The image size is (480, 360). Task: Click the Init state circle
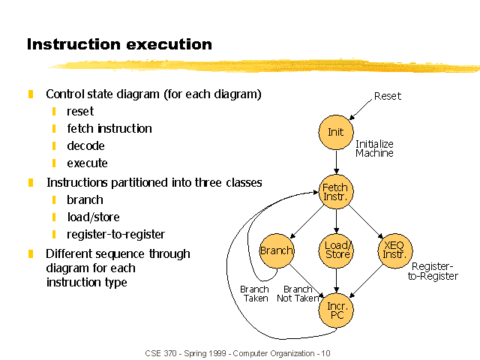point(336,132)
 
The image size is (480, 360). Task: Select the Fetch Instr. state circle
point(336,192)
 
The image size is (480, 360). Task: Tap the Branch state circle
point(277,251)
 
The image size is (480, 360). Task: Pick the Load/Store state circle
point(336,251)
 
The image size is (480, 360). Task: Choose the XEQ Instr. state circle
point(395,251)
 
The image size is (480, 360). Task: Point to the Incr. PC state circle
point(336,310)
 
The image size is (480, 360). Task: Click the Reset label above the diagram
point(388,96)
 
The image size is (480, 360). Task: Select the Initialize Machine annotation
point(374,148)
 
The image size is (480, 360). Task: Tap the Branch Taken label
point(255,294)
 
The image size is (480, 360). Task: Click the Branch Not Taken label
point(298,294)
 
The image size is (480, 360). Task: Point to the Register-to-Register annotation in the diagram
point(433,271)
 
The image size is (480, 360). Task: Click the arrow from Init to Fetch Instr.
point(337,162)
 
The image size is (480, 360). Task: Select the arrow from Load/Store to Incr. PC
point(337,280)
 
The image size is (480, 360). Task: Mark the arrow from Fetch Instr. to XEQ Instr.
point(366,222)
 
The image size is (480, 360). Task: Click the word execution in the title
point(169,44)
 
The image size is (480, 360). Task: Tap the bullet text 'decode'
point(85,145)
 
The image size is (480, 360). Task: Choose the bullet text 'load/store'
point(93,217)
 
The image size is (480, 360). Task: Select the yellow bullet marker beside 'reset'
point(54,112)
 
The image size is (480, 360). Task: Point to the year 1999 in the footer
point(217,353)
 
